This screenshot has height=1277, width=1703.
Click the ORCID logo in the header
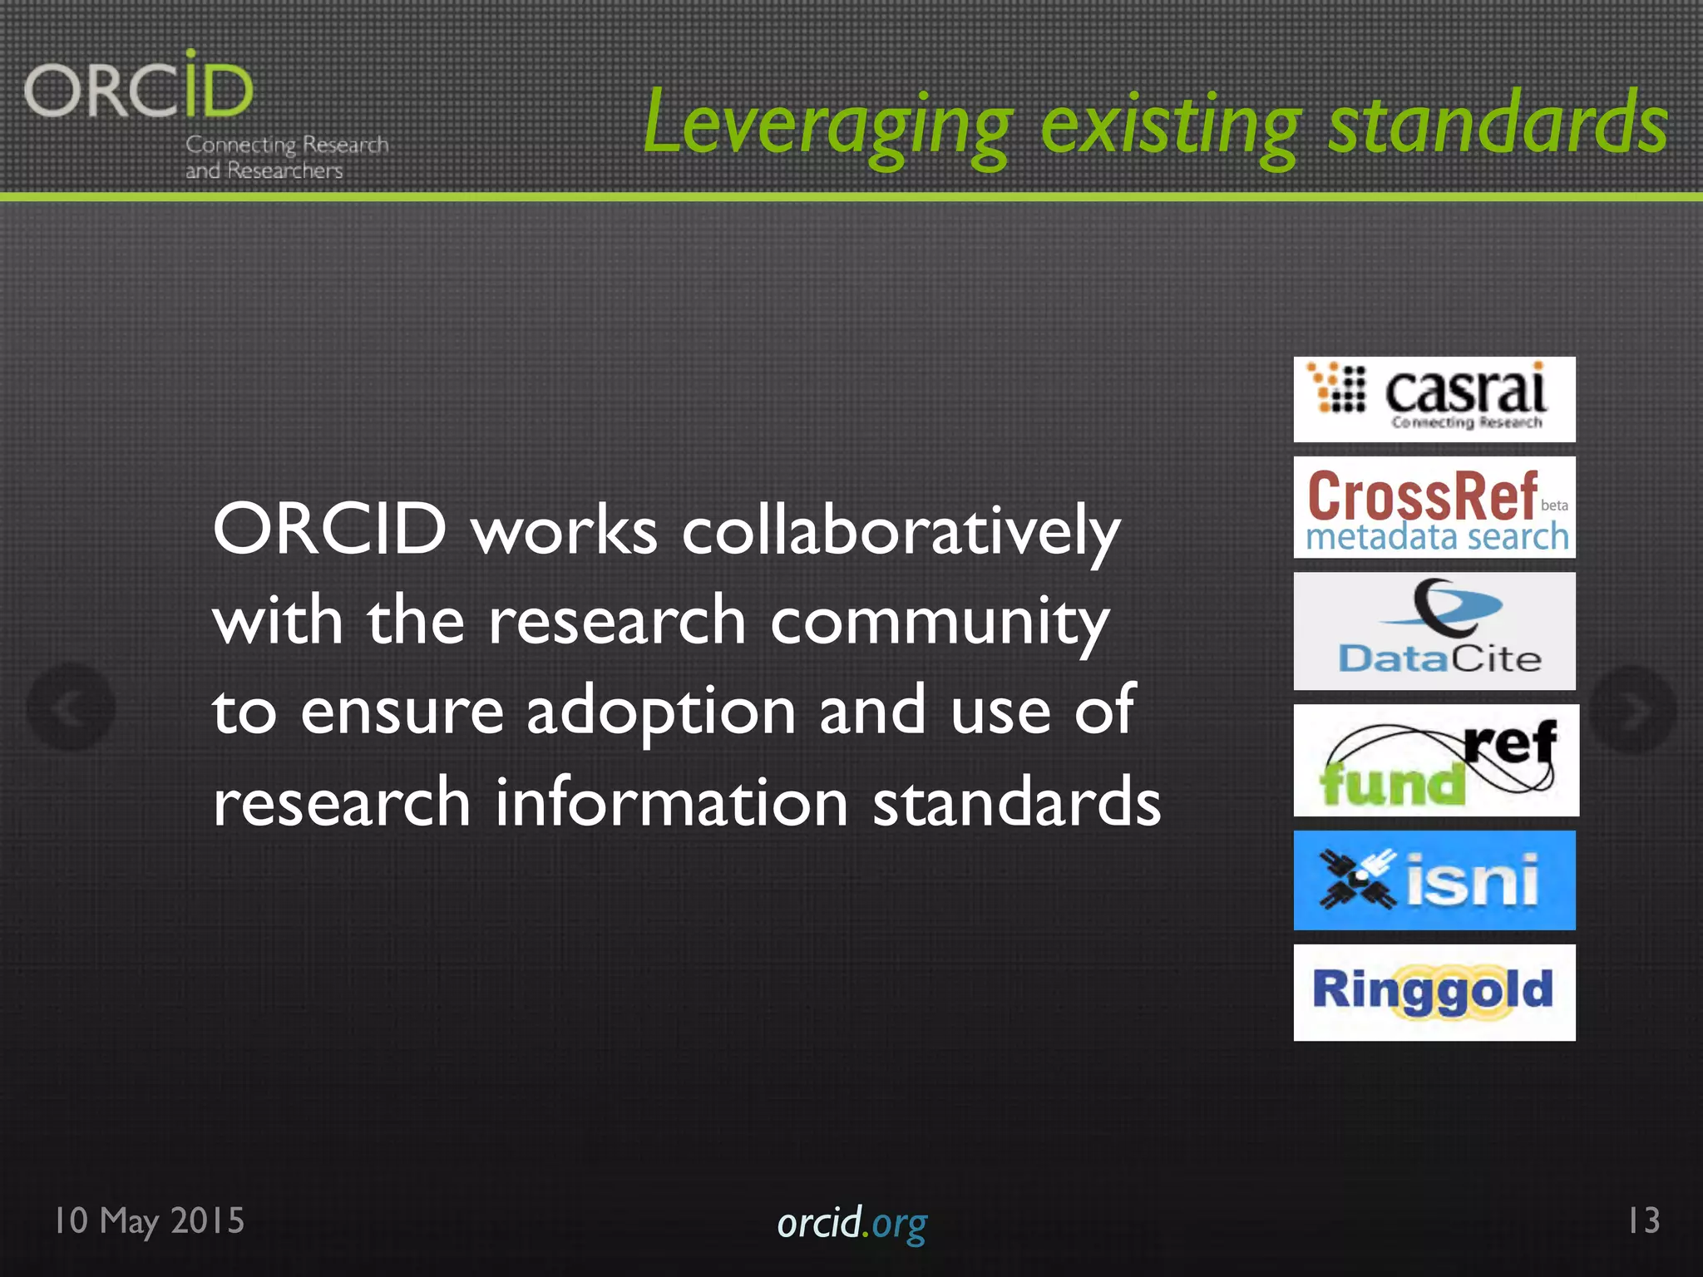[x=139, y=87]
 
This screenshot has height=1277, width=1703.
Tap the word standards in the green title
[x=1498, y=125]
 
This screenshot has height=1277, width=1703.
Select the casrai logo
[x=1434, y=399]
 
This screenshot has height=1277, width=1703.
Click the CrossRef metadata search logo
[x=1434, y=507]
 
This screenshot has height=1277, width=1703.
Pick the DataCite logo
[x=1434, y=631]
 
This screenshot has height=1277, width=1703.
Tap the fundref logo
[x=1435, y=760]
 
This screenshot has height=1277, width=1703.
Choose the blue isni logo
[x=1434, y=880]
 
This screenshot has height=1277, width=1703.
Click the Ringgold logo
[x=1434, y=992]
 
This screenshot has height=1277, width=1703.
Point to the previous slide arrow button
[x=71, y=708]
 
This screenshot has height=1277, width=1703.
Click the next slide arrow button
[x=1632, y=709]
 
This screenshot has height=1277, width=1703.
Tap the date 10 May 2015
[x=150, y=1220]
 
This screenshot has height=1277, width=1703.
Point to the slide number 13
[x=1643, y=1220]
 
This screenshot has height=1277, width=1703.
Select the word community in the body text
[x=940, y=622]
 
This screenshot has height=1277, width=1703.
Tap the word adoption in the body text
[x=661, y=712]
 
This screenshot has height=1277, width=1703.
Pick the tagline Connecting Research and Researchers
[x=285, y=157]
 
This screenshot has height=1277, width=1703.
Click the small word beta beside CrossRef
[x=1554, y=505]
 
